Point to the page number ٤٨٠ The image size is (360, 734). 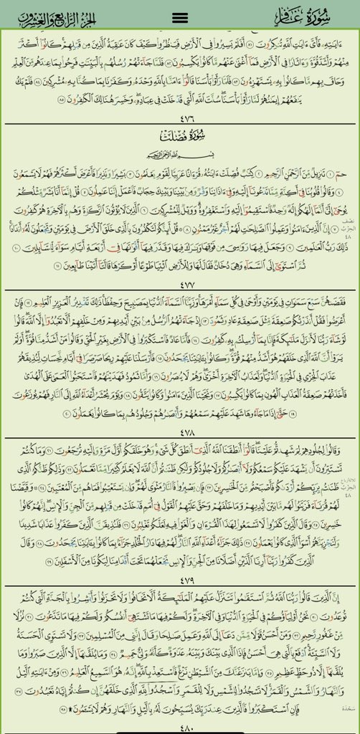tap(181, 726)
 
